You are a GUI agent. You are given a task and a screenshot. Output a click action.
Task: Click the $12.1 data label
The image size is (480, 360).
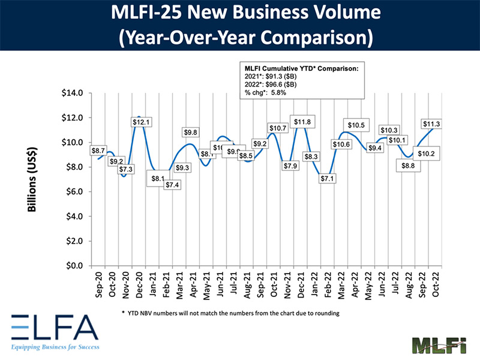click(x=142, y=122)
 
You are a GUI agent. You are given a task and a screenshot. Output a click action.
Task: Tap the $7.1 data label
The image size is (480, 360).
click(x=328, y=178)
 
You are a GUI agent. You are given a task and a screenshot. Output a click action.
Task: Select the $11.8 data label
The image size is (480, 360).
click(x=302, y=122)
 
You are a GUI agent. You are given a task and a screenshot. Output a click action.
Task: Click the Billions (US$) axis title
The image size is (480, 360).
click(x=33, y=179)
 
